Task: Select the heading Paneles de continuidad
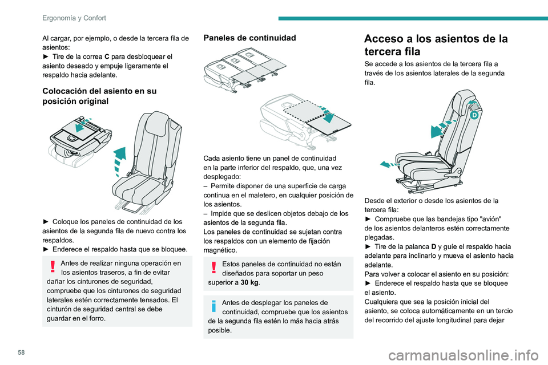tap(249, 38)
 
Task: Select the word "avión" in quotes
tap(489, 218)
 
